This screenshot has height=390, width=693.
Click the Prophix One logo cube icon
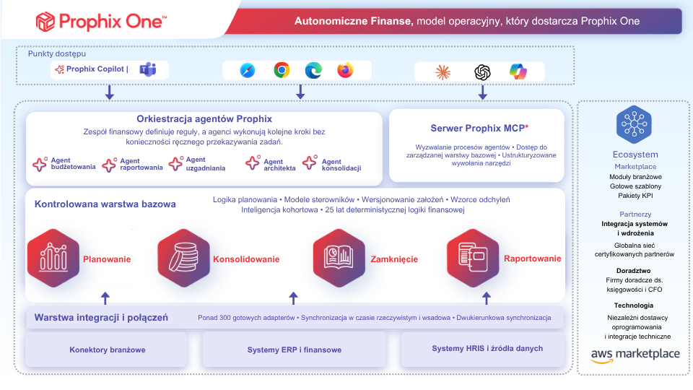[45, 22]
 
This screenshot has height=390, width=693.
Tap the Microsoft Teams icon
[148, 69]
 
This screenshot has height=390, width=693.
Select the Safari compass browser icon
[248, 70]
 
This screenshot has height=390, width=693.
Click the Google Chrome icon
[282, 70]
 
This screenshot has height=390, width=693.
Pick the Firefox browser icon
[345, 70]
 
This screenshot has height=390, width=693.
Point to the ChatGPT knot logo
[482, 72]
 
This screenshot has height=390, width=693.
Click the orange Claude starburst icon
[443, 72]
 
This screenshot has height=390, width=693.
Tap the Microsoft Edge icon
[313, 70]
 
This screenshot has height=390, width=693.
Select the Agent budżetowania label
[73, 164]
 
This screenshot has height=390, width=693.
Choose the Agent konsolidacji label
[341, 165]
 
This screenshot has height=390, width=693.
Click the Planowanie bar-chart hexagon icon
[53, 259]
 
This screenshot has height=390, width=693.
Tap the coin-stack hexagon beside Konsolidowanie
[184, 259]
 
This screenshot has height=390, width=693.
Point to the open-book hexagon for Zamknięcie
[339, 259]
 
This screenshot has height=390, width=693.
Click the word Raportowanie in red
[533, 259]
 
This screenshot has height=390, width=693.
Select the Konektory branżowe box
[107, 350]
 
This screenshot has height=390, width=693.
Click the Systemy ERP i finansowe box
[295, 350]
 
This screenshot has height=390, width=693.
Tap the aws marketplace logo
[635, 355]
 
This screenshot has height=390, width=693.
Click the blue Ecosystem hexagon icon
[635, 124]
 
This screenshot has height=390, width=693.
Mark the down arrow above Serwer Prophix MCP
[483, 92]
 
